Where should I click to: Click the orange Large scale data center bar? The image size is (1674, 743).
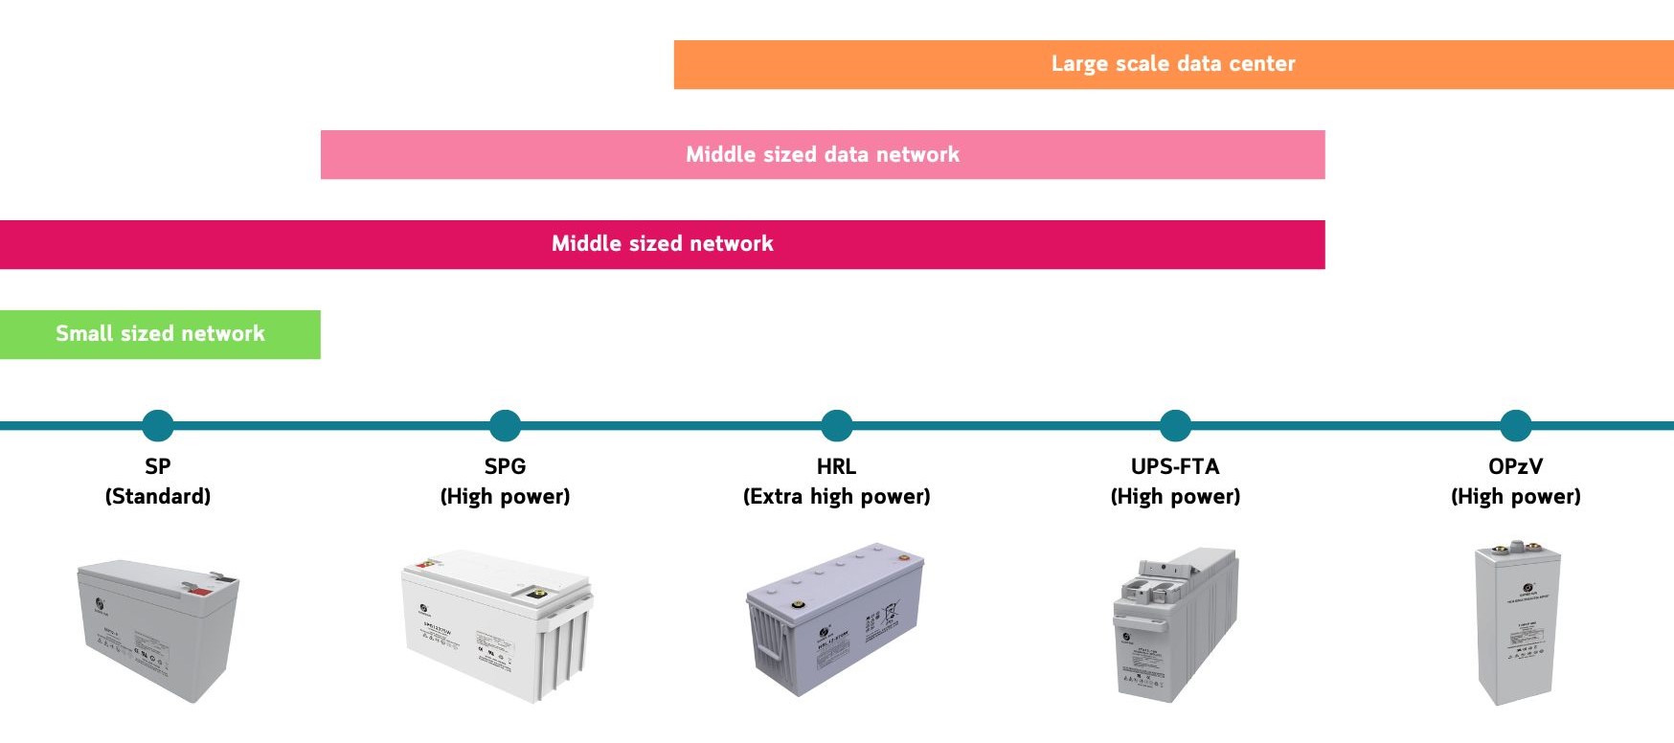(1173, 64)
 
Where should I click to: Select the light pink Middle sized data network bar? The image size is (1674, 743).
(822, 154)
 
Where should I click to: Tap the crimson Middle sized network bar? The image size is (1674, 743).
(662, 244)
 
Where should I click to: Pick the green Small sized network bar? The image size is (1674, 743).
(160, 334)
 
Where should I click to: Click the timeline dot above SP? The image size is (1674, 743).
(158, 425)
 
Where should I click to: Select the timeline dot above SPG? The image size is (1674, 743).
(505, 425)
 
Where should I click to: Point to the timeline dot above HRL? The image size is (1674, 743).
(836, 425)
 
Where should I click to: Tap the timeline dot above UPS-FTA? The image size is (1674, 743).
(1175, 425)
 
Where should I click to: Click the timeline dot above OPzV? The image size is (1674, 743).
(1515, 425)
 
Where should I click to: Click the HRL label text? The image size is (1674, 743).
(836, 466)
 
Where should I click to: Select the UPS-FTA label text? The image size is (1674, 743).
(1175, 466)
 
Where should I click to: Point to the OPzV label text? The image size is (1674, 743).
(1515, 466)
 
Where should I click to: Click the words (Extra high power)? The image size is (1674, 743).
(836, 496)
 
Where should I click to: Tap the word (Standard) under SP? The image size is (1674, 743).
(158, 496)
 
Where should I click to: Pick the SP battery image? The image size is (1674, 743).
(158, 629)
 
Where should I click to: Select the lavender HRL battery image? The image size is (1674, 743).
(834, 618)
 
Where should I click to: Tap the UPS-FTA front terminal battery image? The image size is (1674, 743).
(1175, 624)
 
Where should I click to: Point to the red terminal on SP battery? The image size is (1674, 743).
(201, 591)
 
